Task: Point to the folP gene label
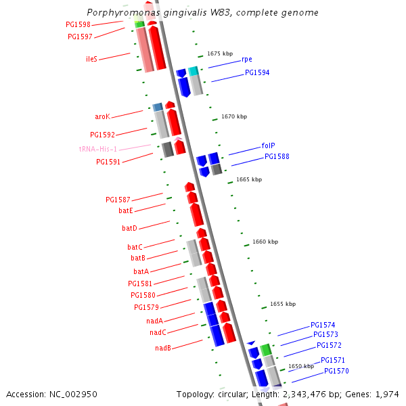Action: point(268,145)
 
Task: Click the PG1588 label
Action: point(277,156)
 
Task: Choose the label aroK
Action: point(102,116)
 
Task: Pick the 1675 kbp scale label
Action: point(220,53)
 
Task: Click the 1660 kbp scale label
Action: point(265,242)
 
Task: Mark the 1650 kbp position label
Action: point(300,366)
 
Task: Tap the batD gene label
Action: point(129,228)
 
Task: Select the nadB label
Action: point(162,348)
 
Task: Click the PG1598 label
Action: point(78,24)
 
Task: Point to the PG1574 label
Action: point(323,325)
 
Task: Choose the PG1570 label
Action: point(336,371)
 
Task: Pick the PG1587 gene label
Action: point(118,200)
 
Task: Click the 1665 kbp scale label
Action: point(248,179)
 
